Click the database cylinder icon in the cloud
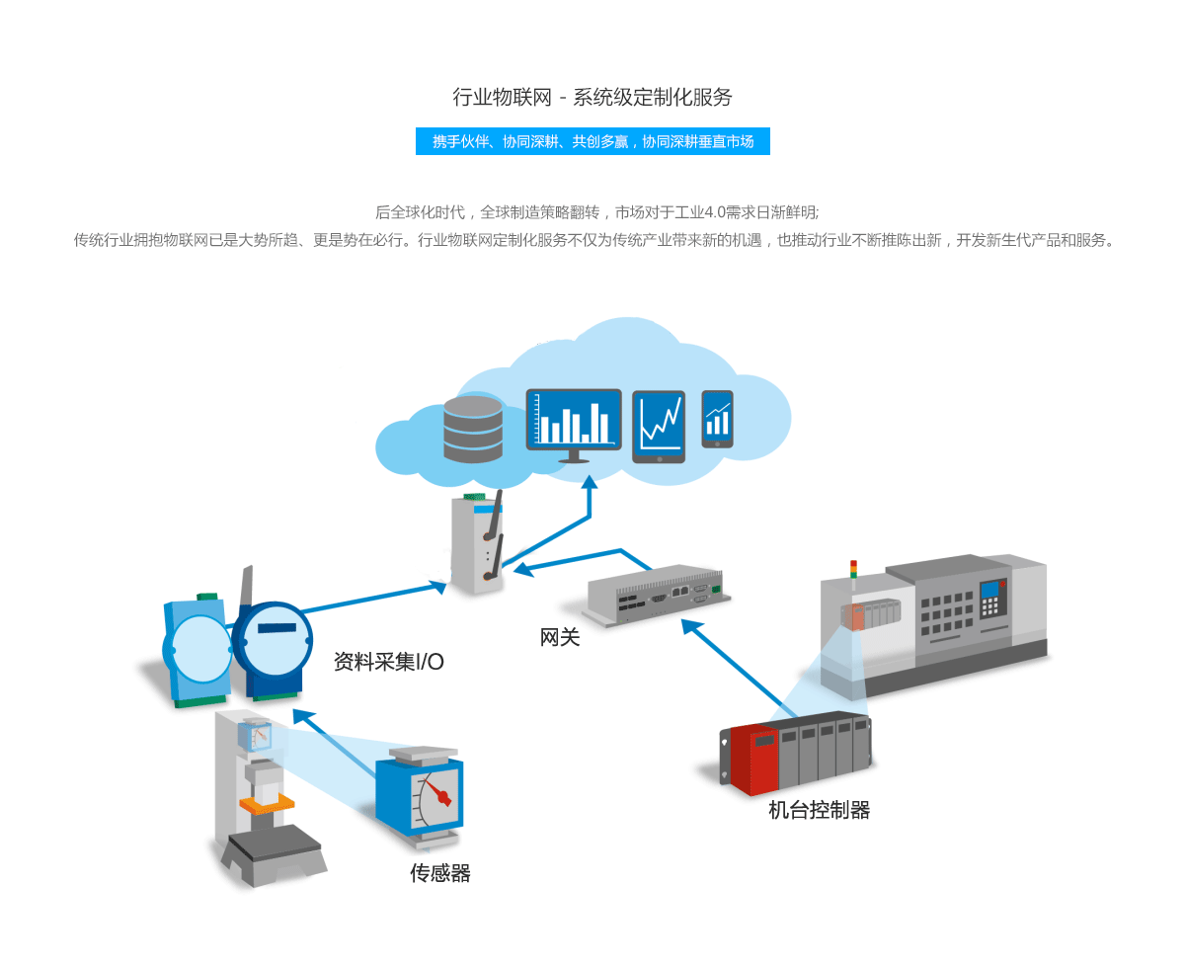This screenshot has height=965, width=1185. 473,430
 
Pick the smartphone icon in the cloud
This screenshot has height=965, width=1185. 718,418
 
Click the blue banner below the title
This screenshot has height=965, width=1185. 592,141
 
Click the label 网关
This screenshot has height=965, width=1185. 560,638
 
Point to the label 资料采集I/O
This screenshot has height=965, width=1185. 389,662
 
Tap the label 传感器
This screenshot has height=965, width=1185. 440,873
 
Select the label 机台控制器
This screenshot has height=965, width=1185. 820,811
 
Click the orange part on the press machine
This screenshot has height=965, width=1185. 267,804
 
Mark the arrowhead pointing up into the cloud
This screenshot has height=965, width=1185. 590,481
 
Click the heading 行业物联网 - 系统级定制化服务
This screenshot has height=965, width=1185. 592,97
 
